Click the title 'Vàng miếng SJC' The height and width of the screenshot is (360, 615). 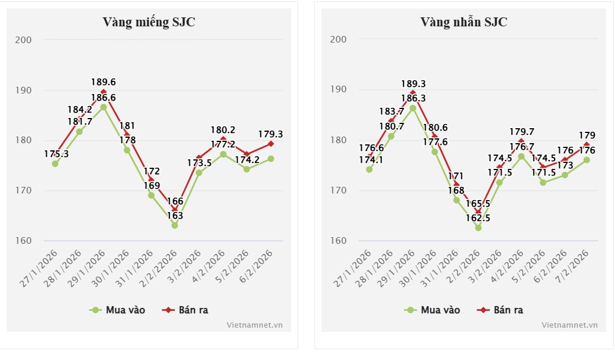click(149, 22)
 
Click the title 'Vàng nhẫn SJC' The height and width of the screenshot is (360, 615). click(463, 22)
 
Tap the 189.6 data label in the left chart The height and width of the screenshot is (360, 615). click(104, 82)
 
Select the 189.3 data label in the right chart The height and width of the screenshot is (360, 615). click(412, 84)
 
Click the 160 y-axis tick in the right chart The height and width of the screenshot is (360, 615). click(339, 241)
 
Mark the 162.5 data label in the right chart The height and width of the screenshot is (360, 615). click(478, 219)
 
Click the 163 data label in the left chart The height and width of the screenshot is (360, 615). click(175, 216)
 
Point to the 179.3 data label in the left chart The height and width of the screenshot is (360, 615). click(271, 135)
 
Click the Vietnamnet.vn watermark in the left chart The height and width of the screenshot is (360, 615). click(255, 325)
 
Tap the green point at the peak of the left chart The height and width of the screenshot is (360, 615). click(104, 107)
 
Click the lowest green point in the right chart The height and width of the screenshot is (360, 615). click(478, 228)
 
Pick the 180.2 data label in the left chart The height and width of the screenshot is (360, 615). click(223, 129)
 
